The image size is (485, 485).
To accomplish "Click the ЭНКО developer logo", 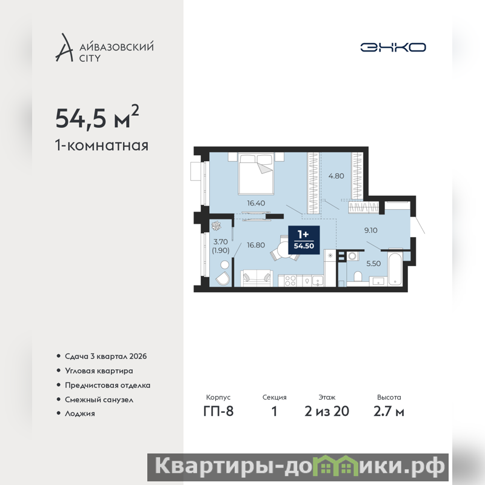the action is click(x=393, y=47).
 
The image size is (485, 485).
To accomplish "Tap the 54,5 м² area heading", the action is click(x=97, y=117).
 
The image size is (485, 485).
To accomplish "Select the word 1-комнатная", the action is click(x=102, y=145).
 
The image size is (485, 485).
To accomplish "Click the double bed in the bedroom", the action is click(x=256, y=174).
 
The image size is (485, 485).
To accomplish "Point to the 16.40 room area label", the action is click(x=256, y=203).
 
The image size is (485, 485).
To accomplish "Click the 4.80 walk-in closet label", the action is click(x=336, y=176).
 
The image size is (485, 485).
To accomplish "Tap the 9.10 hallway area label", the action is click(x=370, y=230).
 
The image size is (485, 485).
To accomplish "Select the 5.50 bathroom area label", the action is click(x=373, y=264).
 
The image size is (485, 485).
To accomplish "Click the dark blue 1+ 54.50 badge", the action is click(x=304, y=240).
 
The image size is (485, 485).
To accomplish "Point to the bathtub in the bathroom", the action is click(x=395, y=269).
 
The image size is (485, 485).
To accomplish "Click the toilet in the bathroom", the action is click(x=358, y=277).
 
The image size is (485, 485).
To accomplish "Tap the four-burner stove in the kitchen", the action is click(x=290, y=281).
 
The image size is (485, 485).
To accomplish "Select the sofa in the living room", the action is click(x=256, y=278).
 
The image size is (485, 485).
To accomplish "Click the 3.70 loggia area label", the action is click(x=221, y=241).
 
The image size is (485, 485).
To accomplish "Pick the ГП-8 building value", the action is click(x=218, y=412).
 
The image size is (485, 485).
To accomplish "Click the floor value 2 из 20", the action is click(x=327, y=412).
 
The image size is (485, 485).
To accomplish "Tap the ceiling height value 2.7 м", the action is click(x=389, y=412).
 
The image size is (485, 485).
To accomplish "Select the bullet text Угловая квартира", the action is click(x=99, y=371).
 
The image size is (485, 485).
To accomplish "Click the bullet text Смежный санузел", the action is click(x=99, y=400).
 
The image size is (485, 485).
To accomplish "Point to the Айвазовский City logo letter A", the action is click(x=64, y=47).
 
